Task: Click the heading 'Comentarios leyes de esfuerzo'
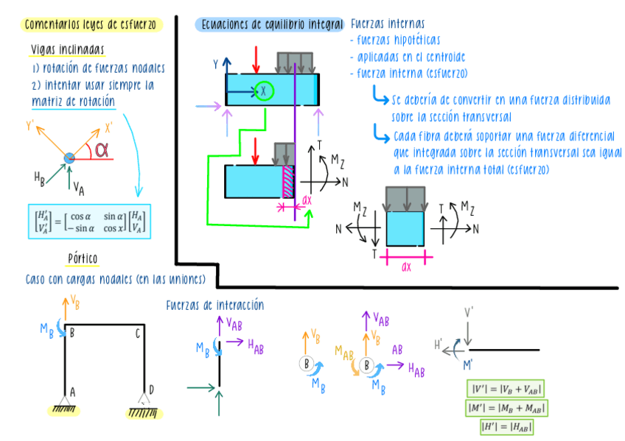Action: coord(91,25)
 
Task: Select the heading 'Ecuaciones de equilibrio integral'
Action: coord(270,24)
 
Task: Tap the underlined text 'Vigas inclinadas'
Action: coord(67,50)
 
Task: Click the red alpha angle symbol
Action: coord(102,150)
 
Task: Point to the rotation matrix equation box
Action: coord(88,221)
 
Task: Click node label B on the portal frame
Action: coord(72,333)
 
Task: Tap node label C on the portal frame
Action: coord(138,333)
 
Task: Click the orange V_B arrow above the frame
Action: coord(66,309)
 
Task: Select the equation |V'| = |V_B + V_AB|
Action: coord(506,388)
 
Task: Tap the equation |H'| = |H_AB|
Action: coord(506,426)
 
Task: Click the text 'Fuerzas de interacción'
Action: coord(214,305)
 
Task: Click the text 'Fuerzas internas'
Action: coord(388,24)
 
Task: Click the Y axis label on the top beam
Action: coord(216,65)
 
